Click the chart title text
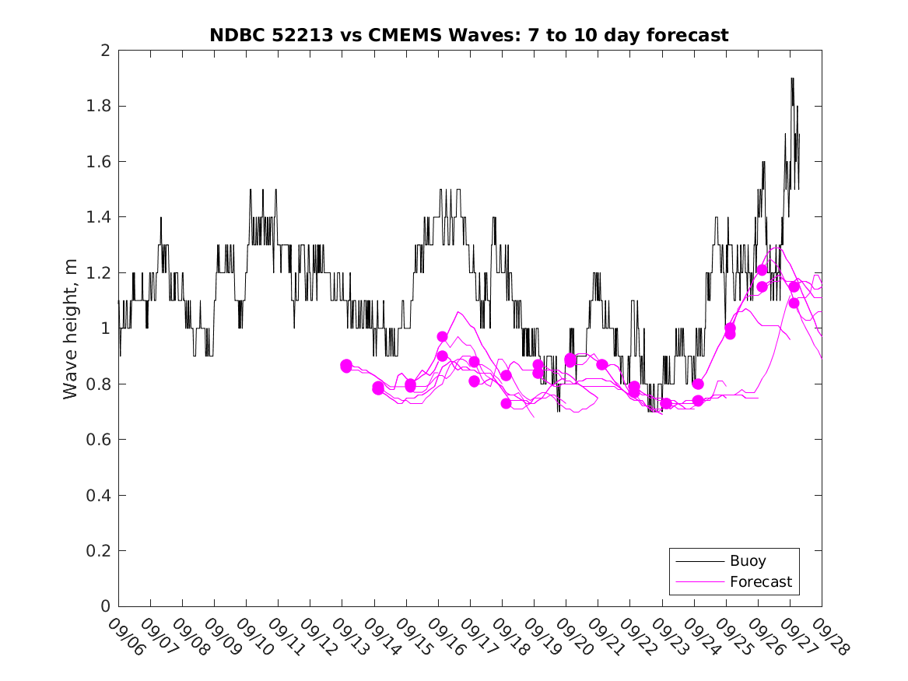click(468, 35)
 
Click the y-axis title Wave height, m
click(71, 328)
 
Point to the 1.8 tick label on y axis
click(99, 106)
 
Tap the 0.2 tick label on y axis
click(99, 551)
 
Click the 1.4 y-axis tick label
click(99, 217)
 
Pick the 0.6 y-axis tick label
click(99, 440)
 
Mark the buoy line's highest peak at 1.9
click(792, 79)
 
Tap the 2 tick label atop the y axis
click(104, 51)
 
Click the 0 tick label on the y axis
click(104, 606)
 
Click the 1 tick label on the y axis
click(104, 328)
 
